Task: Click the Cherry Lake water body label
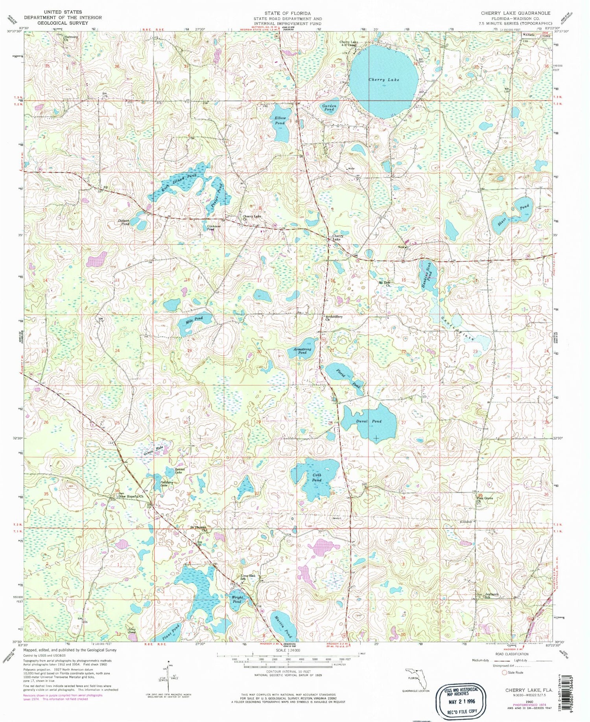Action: coord(383,80)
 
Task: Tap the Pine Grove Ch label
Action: coord(484,500)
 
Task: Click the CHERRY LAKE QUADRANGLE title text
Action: coord(515,13)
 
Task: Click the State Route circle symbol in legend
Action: coord(504,672)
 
